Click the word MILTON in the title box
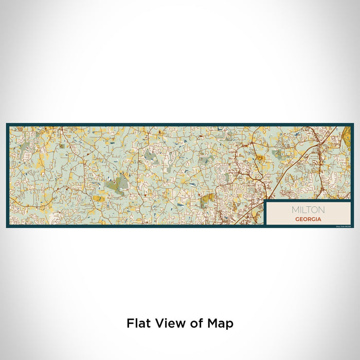[x=308, y=210]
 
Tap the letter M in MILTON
[x=295, y=210]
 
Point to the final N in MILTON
[x=321, y=210]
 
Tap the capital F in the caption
[x=130, y=323]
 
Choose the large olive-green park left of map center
[x=120, y=183]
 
